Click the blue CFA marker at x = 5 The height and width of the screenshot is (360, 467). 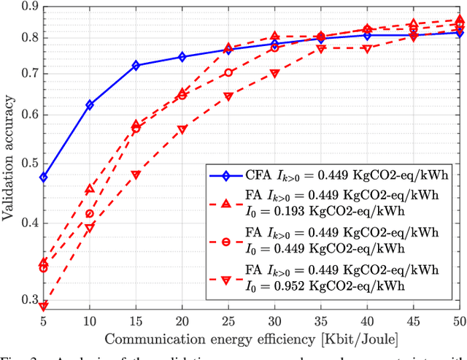44,177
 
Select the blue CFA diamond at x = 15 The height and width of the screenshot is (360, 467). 136,66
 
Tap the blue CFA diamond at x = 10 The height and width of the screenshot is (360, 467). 90,105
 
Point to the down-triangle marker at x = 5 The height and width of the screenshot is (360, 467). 44,306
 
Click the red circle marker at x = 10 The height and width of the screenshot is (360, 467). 90,214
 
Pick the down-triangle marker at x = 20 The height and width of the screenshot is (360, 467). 182,130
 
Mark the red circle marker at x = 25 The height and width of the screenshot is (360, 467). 228,73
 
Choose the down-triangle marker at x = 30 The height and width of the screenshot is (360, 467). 274,74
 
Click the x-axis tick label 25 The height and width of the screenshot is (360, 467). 228,322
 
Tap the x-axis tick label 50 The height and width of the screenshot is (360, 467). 458,322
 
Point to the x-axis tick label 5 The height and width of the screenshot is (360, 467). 44,322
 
